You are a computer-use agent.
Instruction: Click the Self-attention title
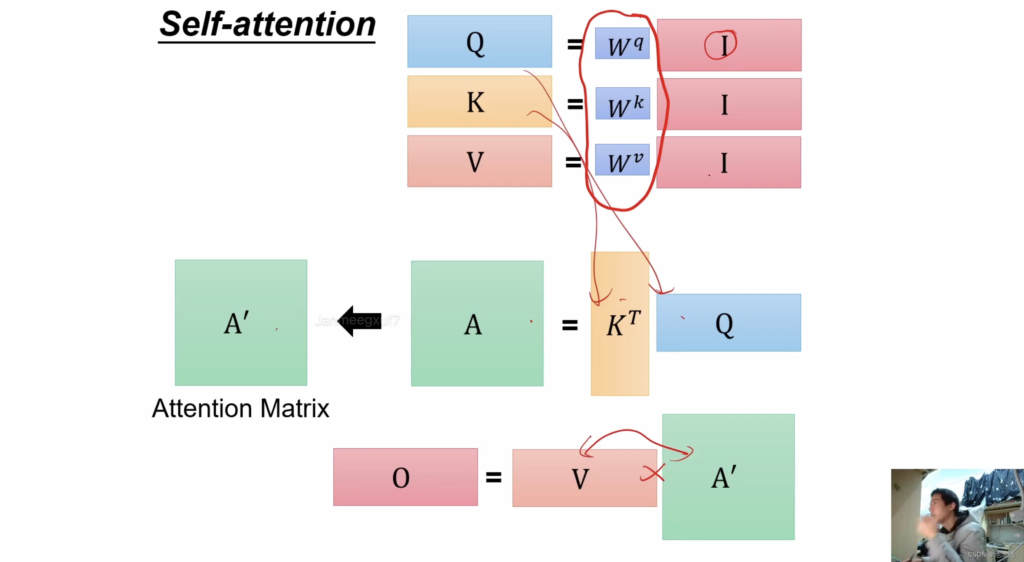point(267,24)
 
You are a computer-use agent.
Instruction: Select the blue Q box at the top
point(479,42)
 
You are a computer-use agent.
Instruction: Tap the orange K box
point(479,102)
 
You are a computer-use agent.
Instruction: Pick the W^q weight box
point(622,43)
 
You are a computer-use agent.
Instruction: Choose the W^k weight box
point(622,103)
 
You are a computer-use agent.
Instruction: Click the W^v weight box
point(622,160)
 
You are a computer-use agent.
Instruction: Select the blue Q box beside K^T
point(728,323)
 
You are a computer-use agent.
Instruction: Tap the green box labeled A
point(477,324)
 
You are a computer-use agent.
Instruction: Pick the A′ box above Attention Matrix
point(241,323)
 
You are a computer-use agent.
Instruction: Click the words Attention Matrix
point(240,409)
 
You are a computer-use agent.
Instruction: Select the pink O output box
point(405,477)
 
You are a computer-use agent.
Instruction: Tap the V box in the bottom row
point(584,478)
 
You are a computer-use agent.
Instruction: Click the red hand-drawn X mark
point(653,473)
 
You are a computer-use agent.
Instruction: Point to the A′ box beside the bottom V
point(728,477)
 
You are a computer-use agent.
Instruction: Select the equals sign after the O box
point(494,477)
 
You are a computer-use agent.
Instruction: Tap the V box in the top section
point(479,162)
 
